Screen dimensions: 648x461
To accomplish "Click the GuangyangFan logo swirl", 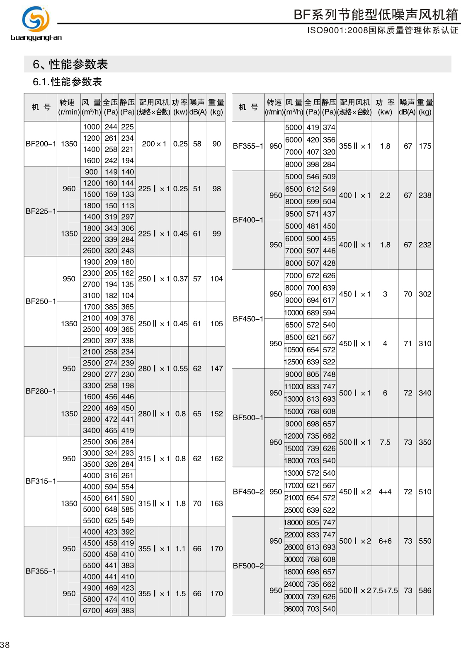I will tap(36, 19).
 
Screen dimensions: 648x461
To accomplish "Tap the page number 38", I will tap(5, 644).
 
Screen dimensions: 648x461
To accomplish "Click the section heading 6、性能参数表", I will tap(70, 64).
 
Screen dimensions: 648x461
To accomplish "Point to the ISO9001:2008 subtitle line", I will tap(382, 30).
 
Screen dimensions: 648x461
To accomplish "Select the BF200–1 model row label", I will tap(41, 144).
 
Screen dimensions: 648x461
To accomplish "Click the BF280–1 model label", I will tap(41, 391).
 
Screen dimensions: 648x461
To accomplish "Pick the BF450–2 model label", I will tap(248, 491).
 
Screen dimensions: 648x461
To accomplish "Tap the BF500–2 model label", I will tap(248, 566).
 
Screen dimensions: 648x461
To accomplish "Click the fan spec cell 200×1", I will tap(154, 144).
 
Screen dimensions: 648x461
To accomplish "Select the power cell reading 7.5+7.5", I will tap(385, 590).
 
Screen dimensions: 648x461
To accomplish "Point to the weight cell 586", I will tap(425, 590).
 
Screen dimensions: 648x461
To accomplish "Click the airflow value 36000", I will tap(294, 609).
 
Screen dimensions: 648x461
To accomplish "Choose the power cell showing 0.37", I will tap(180, 279).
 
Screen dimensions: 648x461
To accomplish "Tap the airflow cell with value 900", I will tap(91, 172).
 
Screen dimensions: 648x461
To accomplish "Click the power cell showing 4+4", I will tap(385, 491).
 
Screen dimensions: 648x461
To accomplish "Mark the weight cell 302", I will tap(425, 294).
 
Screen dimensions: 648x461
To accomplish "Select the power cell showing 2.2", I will tap(385, 195).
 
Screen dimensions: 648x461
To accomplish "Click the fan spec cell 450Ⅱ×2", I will tap(355, 491).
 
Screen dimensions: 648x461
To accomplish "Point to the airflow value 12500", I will tap(294, 362).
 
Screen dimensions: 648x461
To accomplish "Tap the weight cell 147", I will tap(216, 369).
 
